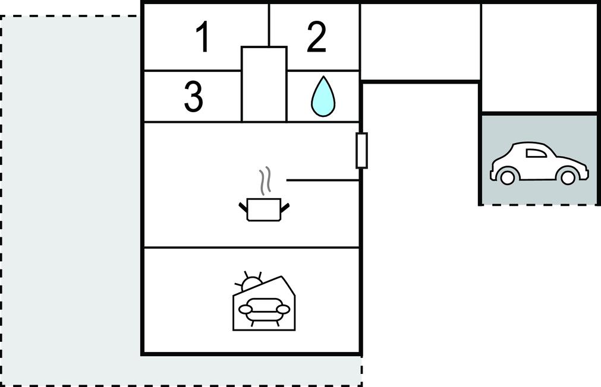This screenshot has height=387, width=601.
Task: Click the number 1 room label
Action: point(203,37)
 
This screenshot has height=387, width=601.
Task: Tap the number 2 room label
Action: point(317,37)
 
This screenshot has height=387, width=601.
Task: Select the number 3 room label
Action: point(194,97)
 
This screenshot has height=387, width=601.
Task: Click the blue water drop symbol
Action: point(323,96)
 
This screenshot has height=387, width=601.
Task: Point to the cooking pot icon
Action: point(264,209)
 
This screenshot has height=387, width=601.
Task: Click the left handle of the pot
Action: point(243,208)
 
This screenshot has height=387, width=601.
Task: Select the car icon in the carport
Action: point(539,163)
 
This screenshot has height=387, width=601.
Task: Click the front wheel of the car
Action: point(568,177)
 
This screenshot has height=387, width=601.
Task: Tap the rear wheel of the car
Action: point(507,177)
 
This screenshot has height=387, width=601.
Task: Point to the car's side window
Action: point(537,153)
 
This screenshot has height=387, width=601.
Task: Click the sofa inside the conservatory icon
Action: point(264,309)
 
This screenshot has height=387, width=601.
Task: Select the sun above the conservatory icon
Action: point(250,283)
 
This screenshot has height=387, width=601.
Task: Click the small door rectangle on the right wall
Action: point(361,150)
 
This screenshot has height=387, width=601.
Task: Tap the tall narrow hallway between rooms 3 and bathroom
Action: point(264,84)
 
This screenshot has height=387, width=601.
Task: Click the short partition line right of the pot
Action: point(323,180)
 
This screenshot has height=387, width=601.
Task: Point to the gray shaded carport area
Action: point(539,159)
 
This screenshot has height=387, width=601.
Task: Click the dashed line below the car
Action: point(539,205)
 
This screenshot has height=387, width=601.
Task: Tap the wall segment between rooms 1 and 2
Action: point(269,25)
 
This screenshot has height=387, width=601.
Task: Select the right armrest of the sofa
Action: point(284,309)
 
